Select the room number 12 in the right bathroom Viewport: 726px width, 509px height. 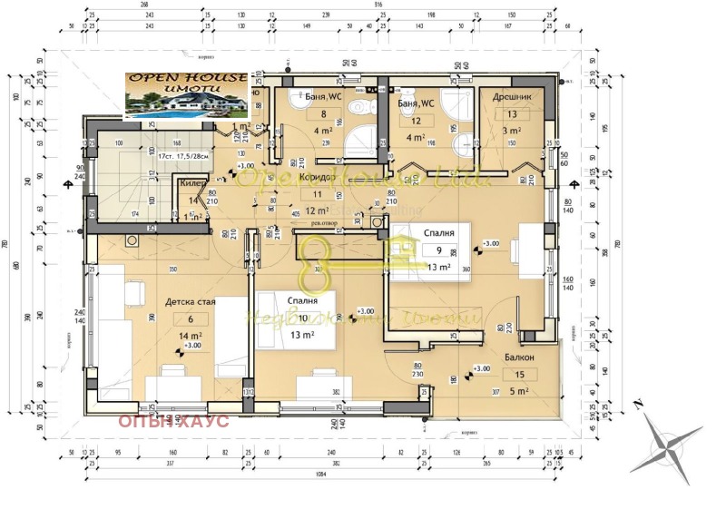pyautogui.click(x=416, y=121)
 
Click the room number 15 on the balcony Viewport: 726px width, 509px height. pyautogui.click(x=518, y=375)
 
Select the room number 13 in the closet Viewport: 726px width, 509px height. pyautogui.click(x=512, y=114)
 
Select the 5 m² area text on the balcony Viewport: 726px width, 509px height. pyautogui.click(x=518, y=392)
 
